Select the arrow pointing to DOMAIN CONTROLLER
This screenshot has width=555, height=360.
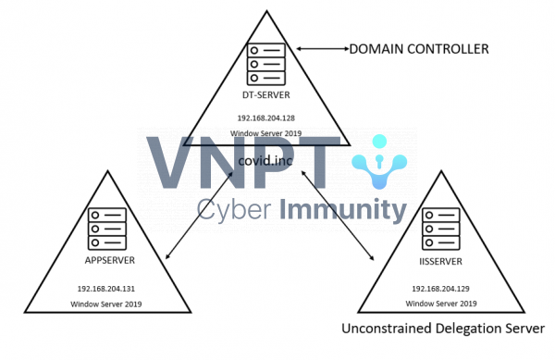318,48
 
